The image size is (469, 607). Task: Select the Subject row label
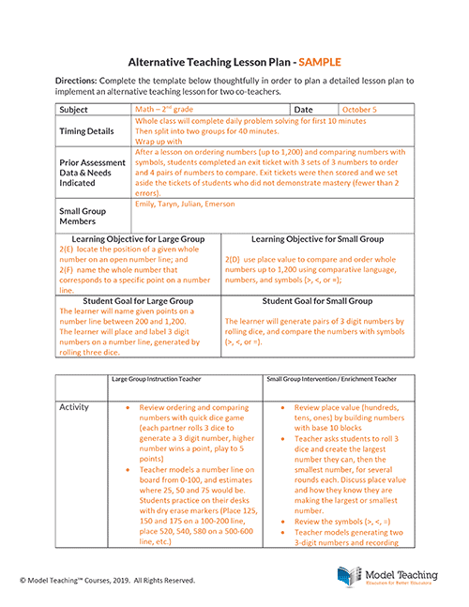click(75, 110)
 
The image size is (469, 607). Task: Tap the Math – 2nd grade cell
click(166, 110)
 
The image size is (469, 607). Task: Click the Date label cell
click(304, 110)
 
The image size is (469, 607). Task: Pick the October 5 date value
click(359, 110)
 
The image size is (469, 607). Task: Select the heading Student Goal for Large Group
click(137, 301)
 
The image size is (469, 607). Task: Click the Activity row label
click(75, 407)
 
